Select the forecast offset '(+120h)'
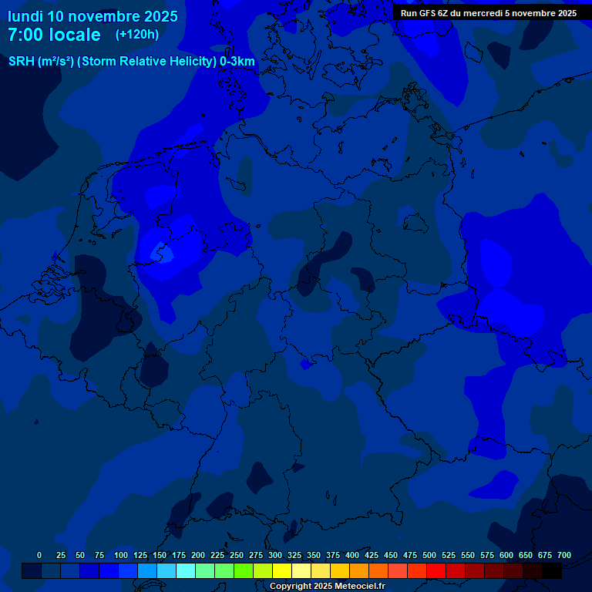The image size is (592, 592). (x=136, y=35)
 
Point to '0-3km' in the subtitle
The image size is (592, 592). (x=237, y=62)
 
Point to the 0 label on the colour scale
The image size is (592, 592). (x=39, y=555)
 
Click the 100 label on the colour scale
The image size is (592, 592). (x=121, y=555)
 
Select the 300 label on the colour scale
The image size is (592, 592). (x=275, y=555)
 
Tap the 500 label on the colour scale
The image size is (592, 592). (x=429, y=555)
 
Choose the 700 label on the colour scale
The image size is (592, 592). (x=564, y=555)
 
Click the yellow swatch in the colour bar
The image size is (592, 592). (x=282, y=570)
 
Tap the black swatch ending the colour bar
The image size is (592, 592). (x=552, y=570)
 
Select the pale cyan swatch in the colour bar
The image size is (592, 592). (x=186, y=570)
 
